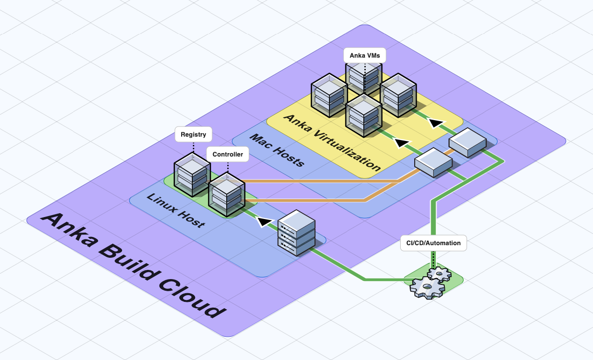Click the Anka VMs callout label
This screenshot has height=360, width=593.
tap(364, 55)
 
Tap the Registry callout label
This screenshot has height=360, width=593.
tap(193, 134)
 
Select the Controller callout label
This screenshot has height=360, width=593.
tap(228, 155)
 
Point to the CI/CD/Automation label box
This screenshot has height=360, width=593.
tap(434, 243)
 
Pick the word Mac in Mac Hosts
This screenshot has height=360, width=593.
tap(261, 142)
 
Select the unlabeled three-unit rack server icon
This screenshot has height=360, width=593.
tap(296, 235)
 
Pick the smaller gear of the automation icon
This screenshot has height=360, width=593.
tap(439, 275)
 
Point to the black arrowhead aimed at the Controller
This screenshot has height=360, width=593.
tap(264, 222)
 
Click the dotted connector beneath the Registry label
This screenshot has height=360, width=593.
tap(193, 147)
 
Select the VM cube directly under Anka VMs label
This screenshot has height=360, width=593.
tap(362, 78)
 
